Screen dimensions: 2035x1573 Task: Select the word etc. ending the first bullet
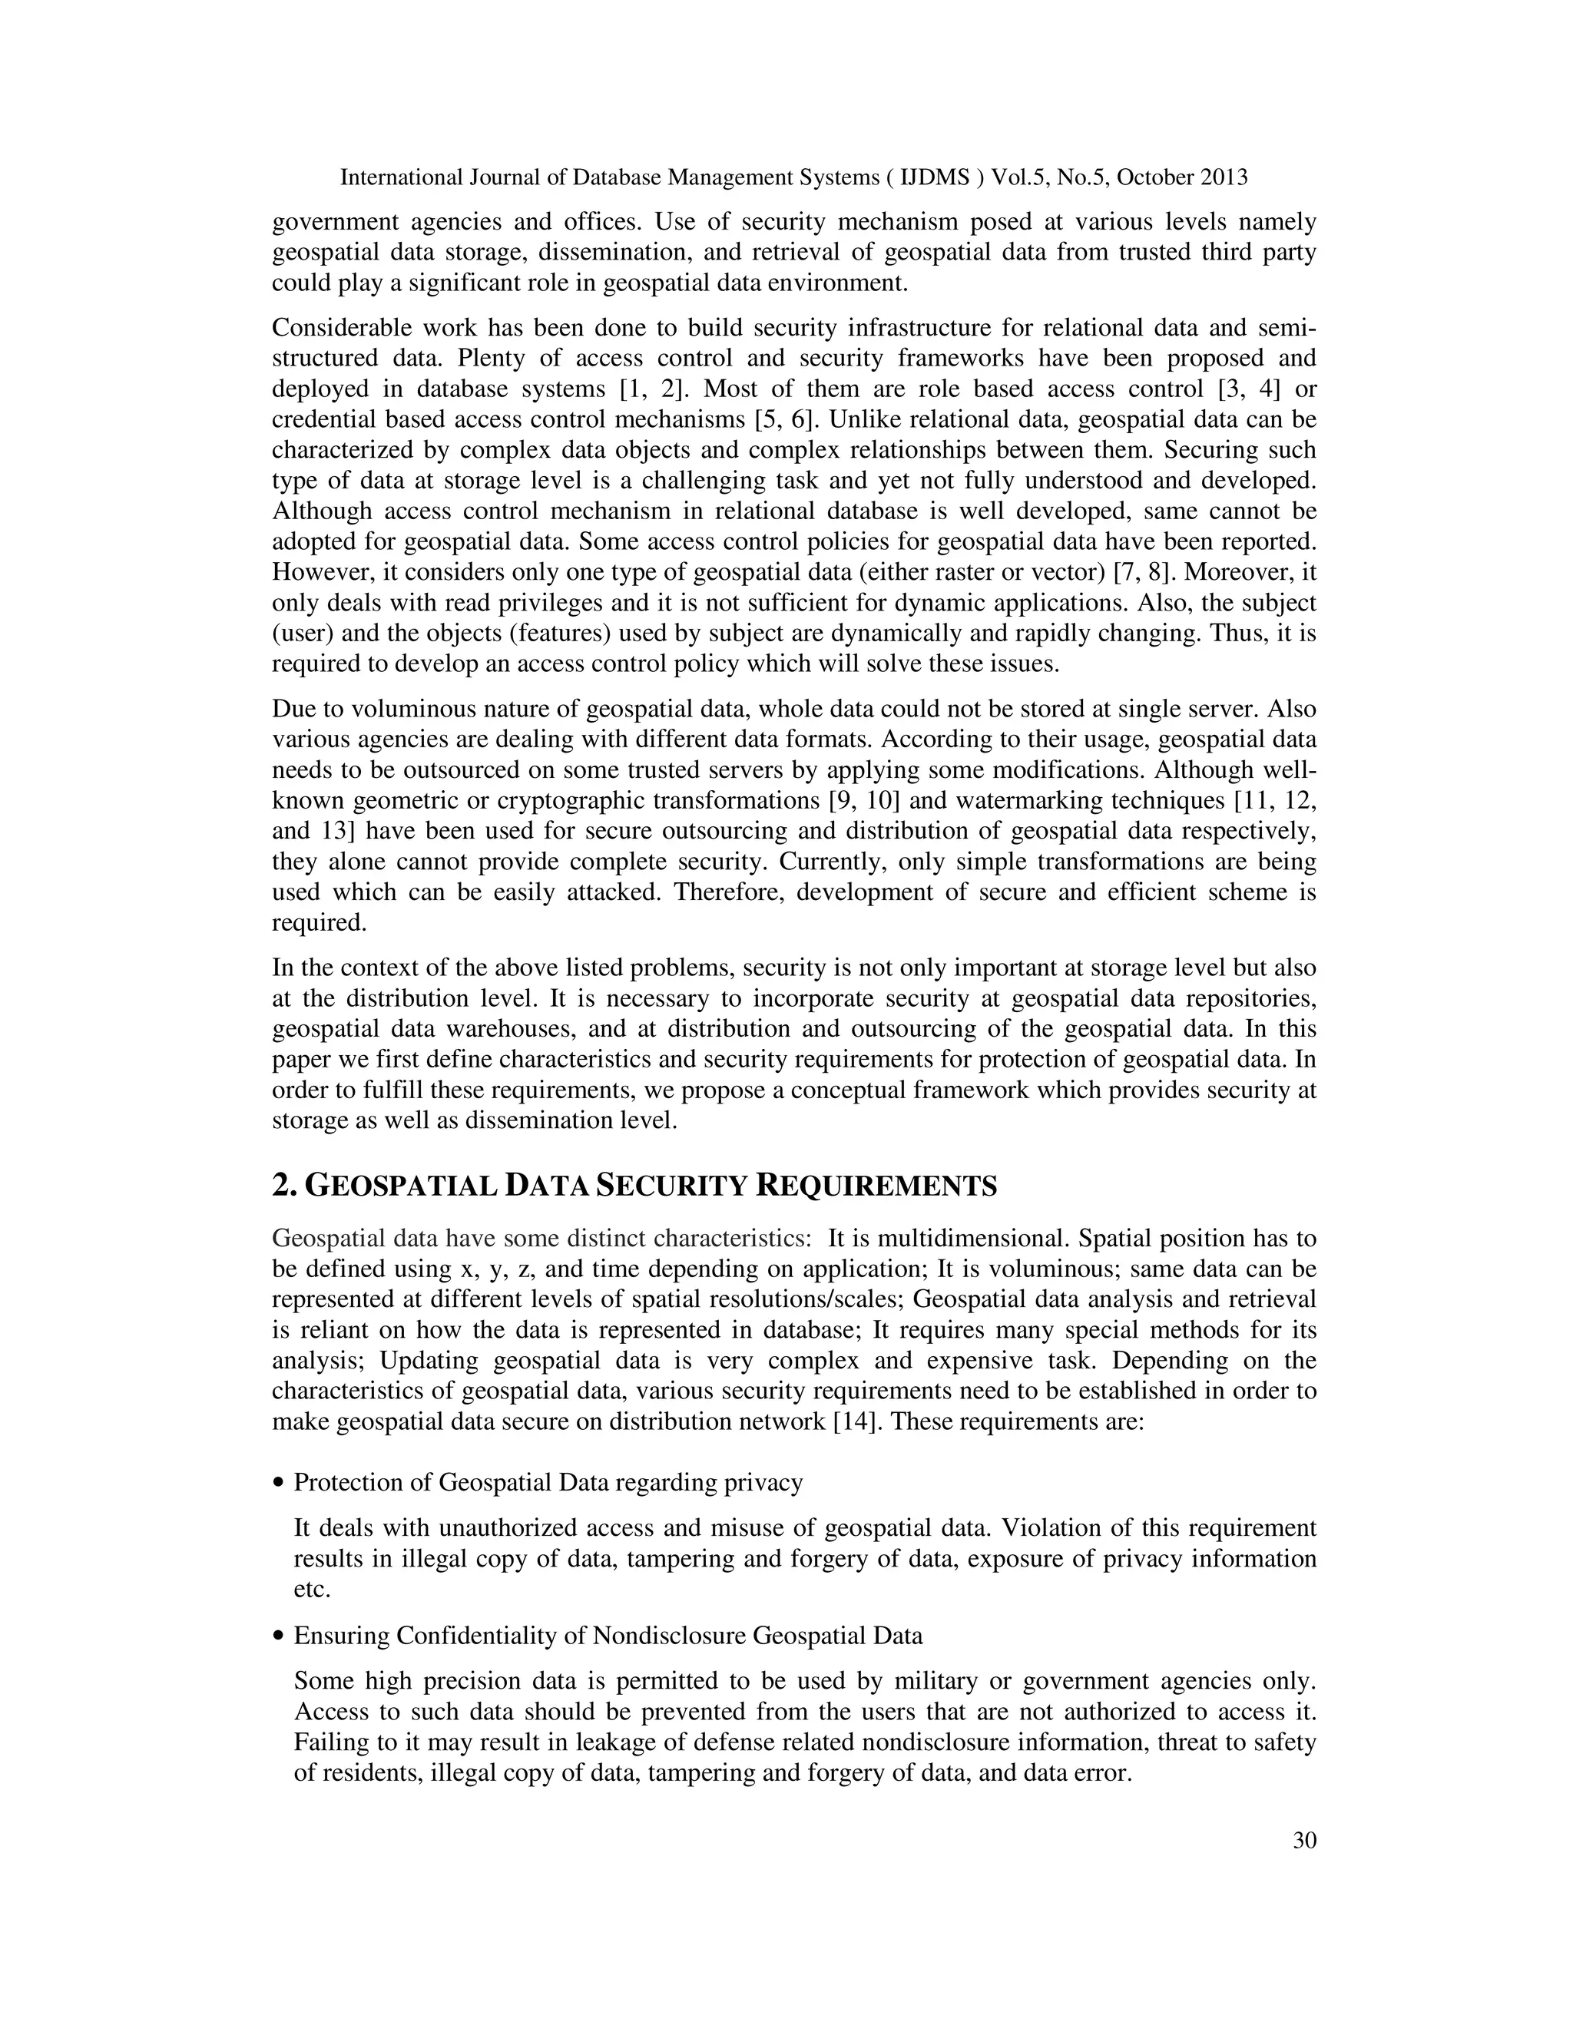coord(312,1589)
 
